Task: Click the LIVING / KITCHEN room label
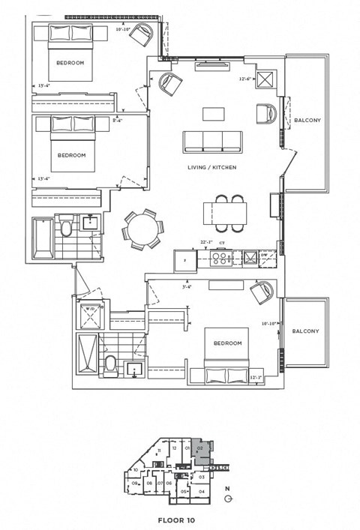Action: point(211,167)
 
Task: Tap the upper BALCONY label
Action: point(307,120)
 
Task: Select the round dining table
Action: point(141,229)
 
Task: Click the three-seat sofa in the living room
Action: point(214,141)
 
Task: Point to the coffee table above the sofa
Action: point(214,115)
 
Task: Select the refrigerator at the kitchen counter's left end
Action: point(184,259)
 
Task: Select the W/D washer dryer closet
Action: point(90,313)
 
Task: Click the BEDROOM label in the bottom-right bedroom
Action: point(227,343)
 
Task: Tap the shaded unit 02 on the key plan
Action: point(200,451)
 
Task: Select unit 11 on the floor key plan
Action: point(159,451)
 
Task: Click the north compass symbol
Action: point(228,499)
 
